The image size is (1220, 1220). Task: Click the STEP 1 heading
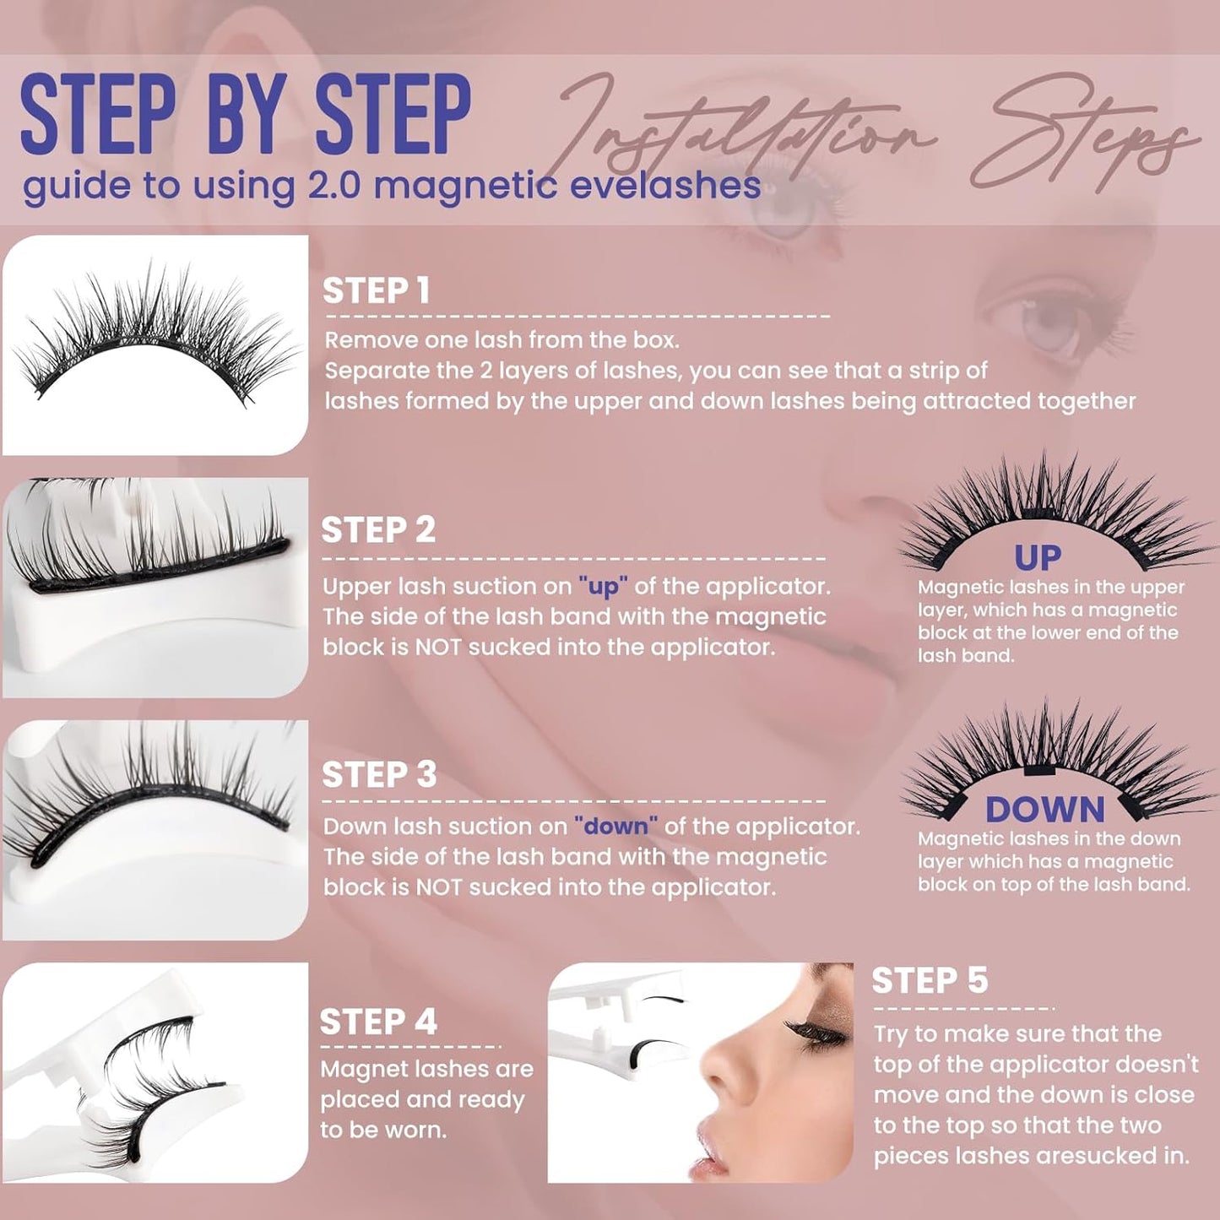click(377, 291)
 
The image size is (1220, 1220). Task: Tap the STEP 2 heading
click(378, 530)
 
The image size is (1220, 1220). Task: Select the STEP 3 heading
click(379, 775)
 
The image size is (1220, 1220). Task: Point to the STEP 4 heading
click(378, 1022)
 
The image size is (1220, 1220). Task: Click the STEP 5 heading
click(930, 981)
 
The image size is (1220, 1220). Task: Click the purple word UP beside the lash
click(1038, 558)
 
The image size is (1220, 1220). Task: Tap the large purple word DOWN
click(1044, 810)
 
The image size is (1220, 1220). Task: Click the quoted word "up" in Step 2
click(603, 587)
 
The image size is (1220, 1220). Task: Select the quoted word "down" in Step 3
click(615, 827)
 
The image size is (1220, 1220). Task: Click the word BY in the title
click(246, 116)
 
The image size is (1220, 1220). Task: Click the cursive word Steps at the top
click(1089, 135)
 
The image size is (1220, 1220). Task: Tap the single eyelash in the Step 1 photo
click(156, 342)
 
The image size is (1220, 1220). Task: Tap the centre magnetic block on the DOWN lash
click(1038, 771)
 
